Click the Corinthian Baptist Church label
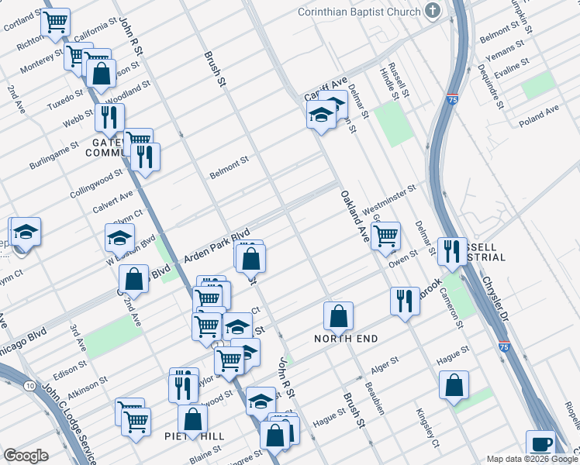(x=359, y=12)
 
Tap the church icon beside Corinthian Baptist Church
(x=433, y=12)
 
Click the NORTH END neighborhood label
(x=346, y=339)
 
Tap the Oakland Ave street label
(x=353, y=217)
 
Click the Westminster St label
(x=389, y=198)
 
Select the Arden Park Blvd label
(x=216, y=246)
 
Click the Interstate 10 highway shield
(x=29, y=385)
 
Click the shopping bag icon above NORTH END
(x=338, y=315)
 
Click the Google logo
(x=26, y=456)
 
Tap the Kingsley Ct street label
(x=427, y=428)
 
